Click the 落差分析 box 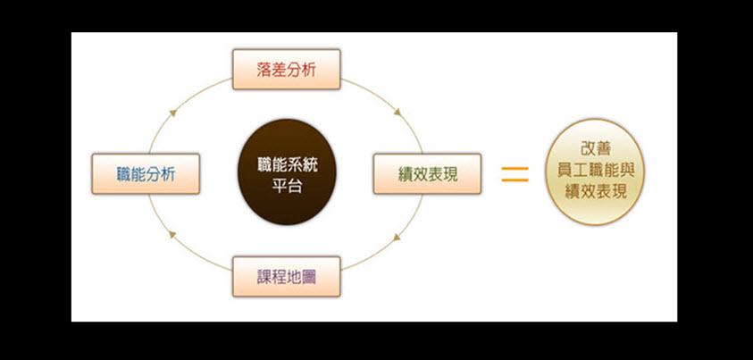286,69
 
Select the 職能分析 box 146,174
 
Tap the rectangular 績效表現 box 427,174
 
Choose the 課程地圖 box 286,277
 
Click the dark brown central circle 288,172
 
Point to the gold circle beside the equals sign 595,172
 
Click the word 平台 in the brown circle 288,185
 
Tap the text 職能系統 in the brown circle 288,166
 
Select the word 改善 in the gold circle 596,149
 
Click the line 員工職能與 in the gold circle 596,171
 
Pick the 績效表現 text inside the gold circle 596,191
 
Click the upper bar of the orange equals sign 515,169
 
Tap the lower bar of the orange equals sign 515,180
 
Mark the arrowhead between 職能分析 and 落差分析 173,113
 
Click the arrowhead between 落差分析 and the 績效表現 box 397,113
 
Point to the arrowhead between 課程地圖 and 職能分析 173,235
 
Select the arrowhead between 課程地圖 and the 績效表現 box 397,237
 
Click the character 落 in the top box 264,70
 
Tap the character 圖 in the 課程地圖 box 308,277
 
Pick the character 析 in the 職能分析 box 168,174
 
